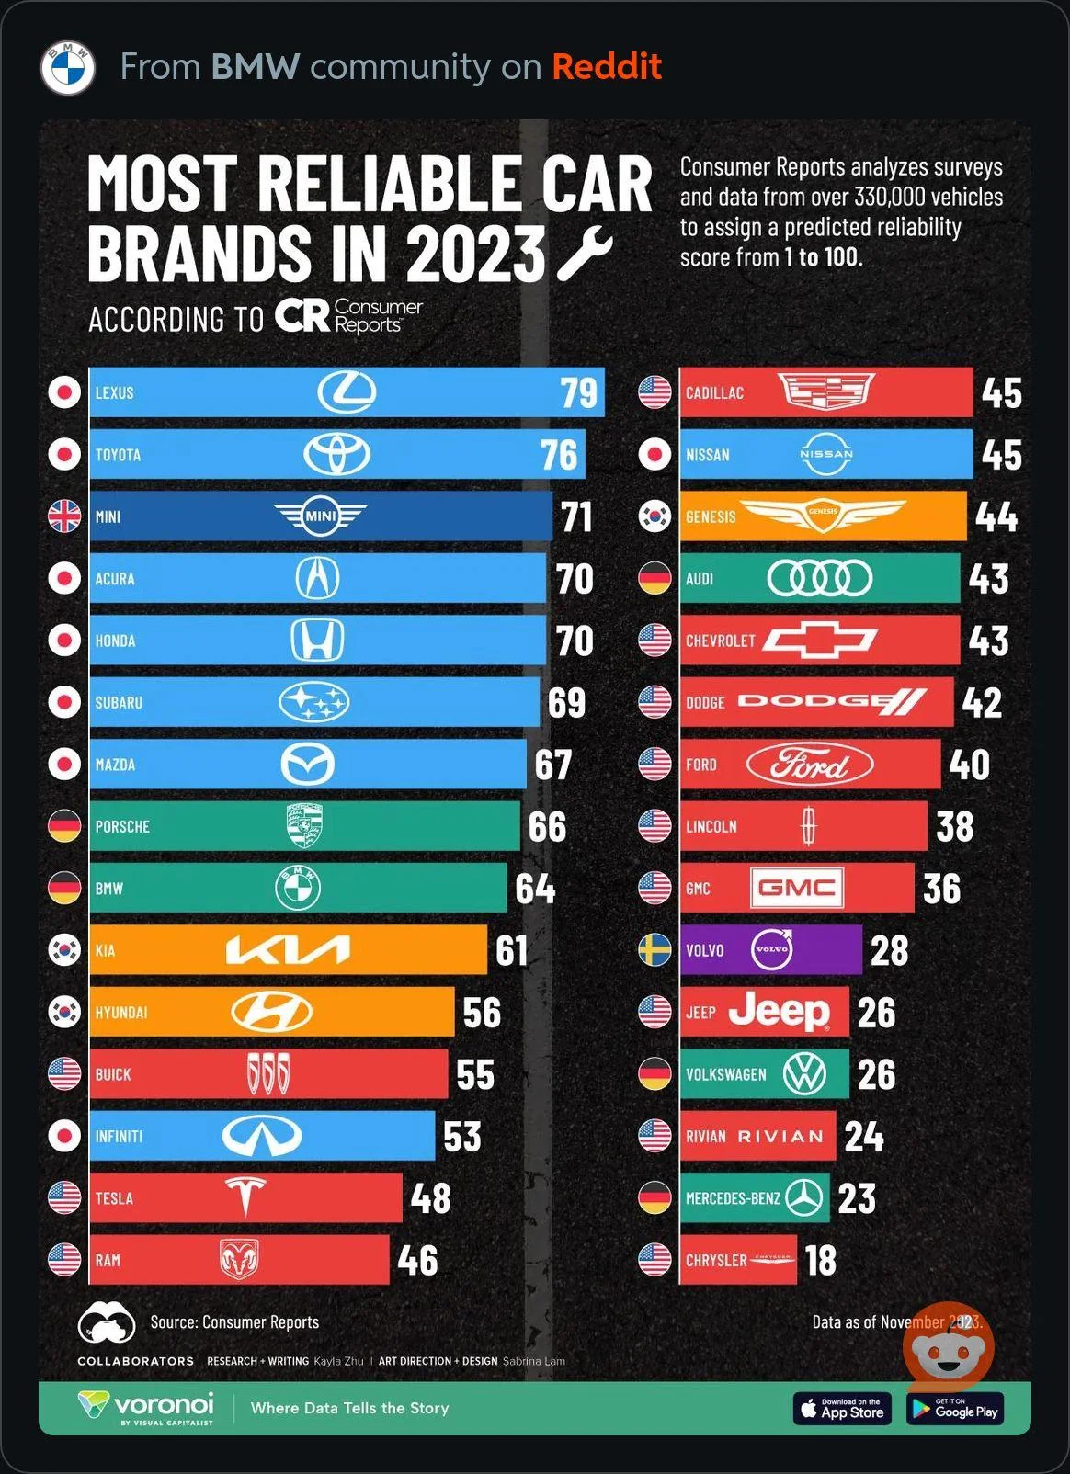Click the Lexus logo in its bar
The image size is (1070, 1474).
(347, 392)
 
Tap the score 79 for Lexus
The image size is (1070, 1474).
(579, 393)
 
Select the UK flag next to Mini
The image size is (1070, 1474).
(64, 516)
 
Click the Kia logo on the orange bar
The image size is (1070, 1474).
(288, 950)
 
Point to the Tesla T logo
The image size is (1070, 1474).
(245, 1196)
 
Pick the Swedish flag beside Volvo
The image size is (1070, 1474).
(655, 950)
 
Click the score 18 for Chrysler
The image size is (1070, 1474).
(821, 1260)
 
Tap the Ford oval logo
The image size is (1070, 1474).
(809, 765)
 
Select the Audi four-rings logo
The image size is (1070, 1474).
(819, 579)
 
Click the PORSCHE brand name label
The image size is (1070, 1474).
(122, 827)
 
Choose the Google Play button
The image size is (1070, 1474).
(954, 1409)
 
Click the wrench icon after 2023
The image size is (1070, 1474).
(585, 253)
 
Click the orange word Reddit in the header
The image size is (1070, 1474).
(607, 67)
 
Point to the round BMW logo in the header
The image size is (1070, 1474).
(67, 67)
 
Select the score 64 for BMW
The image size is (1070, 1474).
(535, 889)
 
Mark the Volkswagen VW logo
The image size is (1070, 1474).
(804, 1074)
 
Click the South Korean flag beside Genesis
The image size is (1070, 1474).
(655, 516)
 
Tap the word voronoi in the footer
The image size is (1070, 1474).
(163, 1404)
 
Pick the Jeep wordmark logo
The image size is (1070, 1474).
(780, 1011)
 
